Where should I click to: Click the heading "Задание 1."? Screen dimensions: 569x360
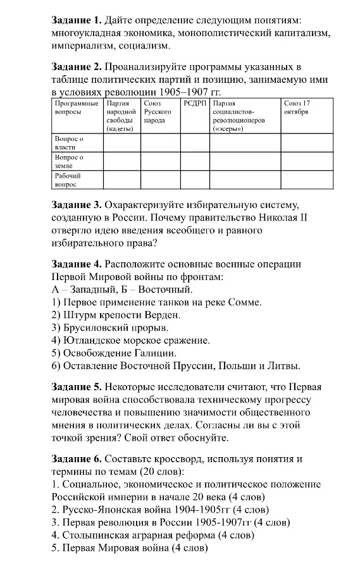[x=75, y=21]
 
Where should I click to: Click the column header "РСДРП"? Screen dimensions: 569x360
[x=194, y=103]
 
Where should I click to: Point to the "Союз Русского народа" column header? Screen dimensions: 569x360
[x=158, y=111]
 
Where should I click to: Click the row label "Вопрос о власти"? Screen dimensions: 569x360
[x=69, y=142]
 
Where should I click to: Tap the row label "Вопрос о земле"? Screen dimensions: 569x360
[x=69, y=161]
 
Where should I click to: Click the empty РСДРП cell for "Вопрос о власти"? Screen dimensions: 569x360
[x=194, y=142]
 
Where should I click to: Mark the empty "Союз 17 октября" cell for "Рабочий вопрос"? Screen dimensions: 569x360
[x=306, y=180]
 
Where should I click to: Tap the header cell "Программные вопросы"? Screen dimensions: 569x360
[x=76, y=107]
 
